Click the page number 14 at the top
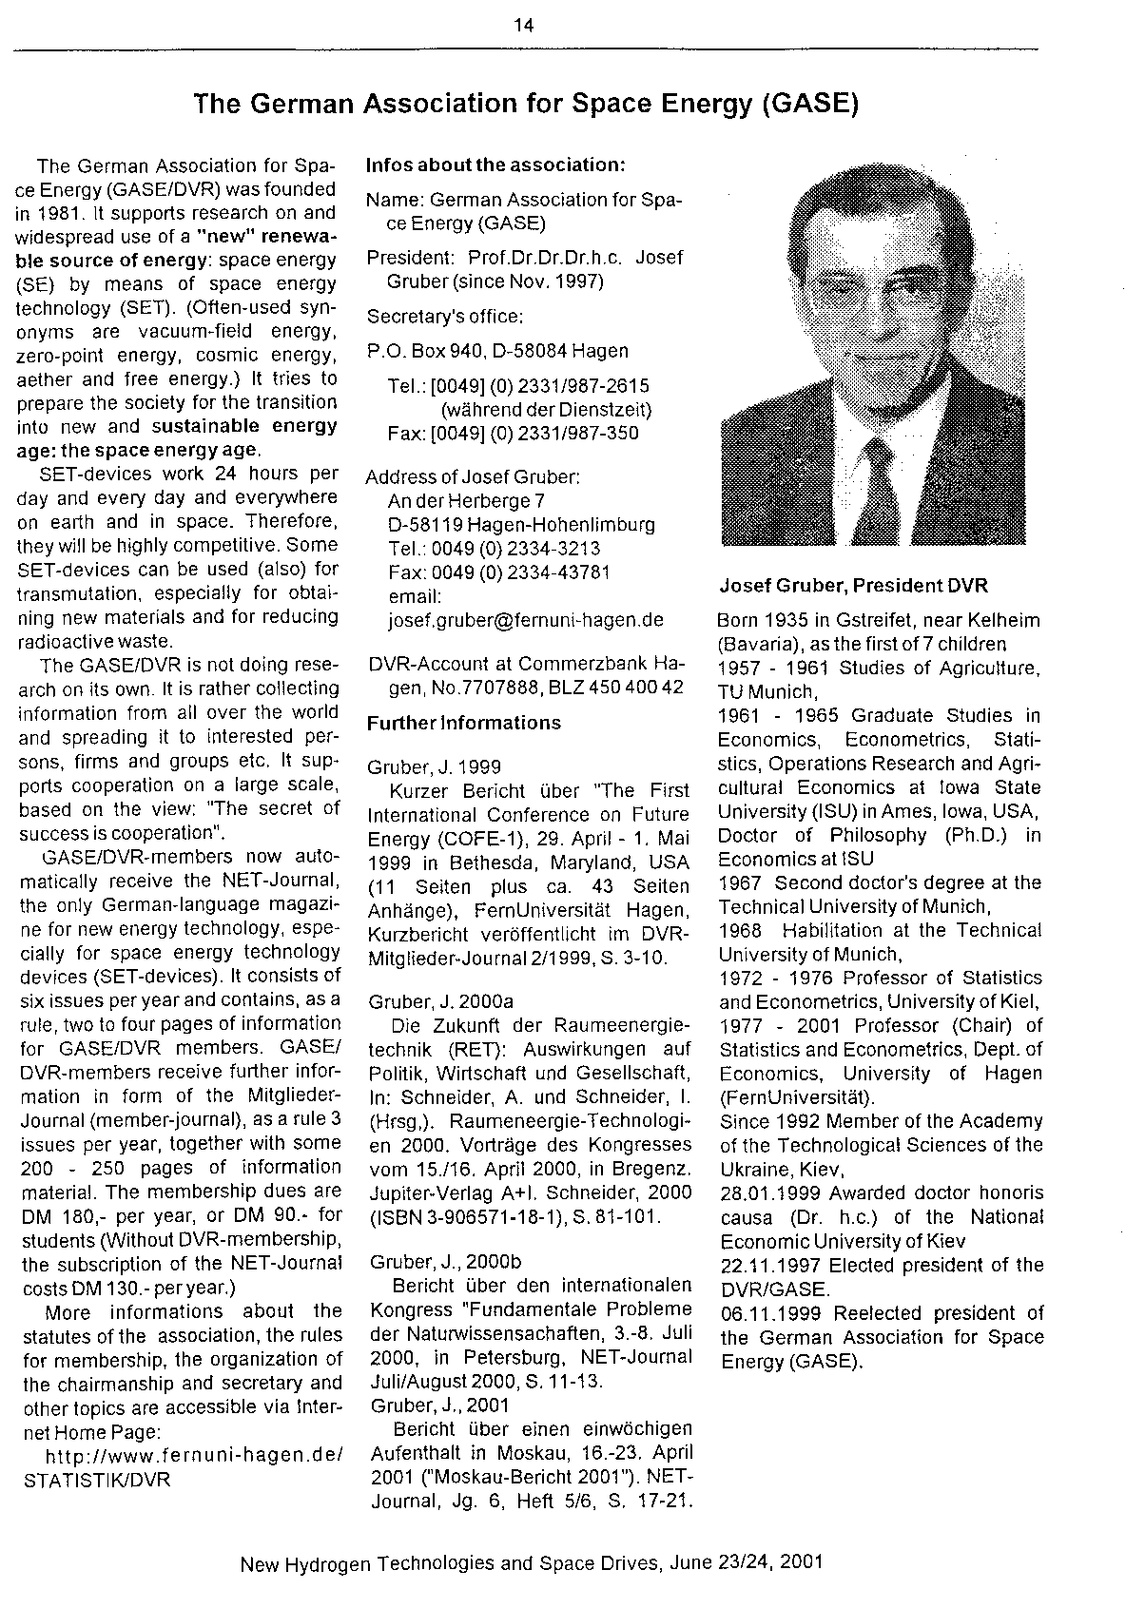[x=523, y=26]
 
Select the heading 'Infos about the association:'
[x=495, y=165]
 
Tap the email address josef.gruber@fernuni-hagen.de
[x=526, y=620]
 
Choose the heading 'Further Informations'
[x=463, y=723]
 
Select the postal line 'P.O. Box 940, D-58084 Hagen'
[x=497, y=351]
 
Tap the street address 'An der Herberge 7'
[x=466, y=501]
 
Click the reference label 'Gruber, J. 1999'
[x=420, y=766]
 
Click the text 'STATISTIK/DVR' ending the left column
[x=96, y=1480]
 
